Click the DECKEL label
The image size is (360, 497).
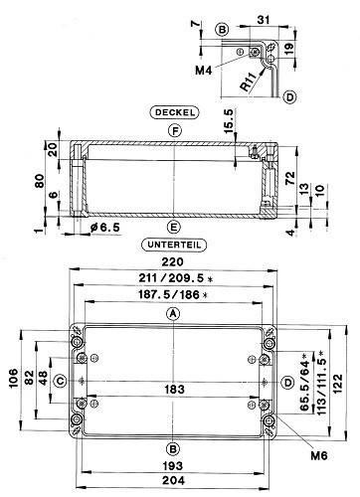[174, 111]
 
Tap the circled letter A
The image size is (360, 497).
[174, 315]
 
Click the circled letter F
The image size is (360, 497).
[174, 131]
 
